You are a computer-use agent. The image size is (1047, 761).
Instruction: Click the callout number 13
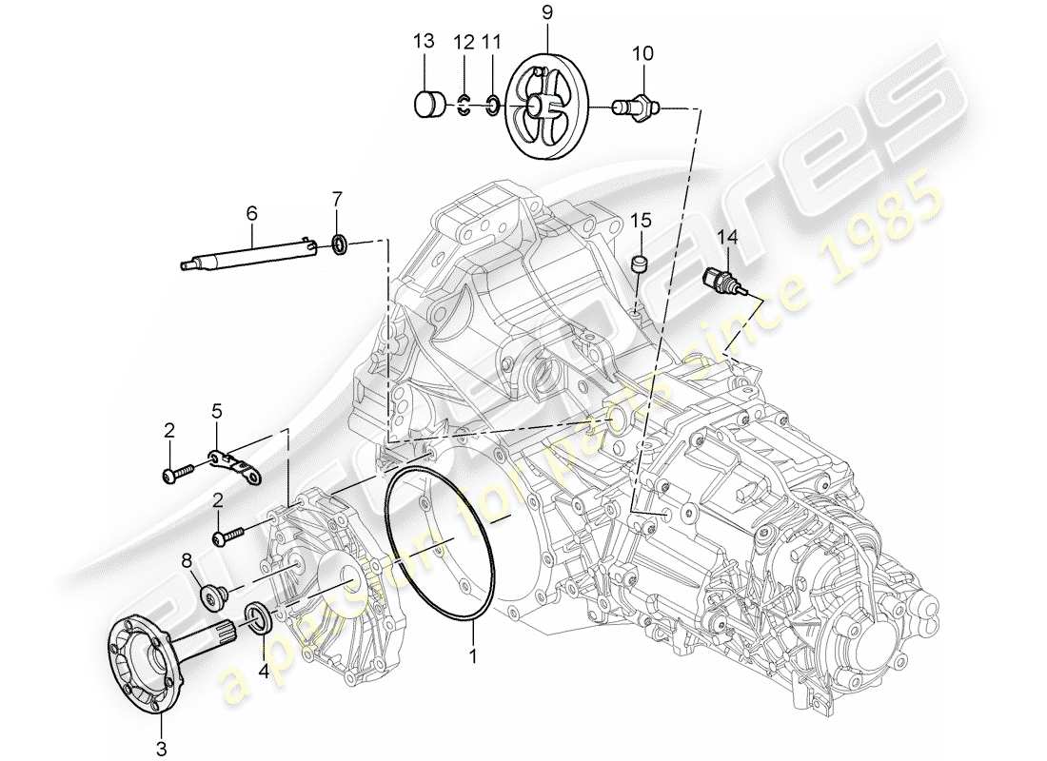click(424, 41)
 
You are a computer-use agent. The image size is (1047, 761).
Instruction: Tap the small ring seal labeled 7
click(339, 246)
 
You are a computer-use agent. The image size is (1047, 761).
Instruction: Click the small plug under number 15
click(641, 262)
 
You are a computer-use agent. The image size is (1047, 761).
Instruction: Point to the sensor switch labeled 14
click(721, 280)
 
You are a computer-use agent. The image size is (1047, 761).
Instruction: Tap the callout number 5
click(217, 411)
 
